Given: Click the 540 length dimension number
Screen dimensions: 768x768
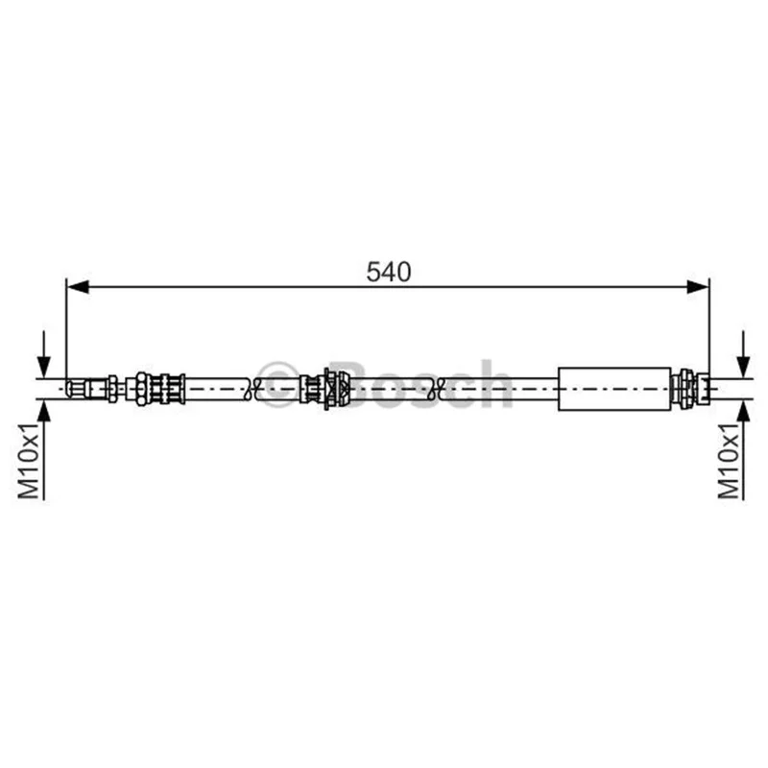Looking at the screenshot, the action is click(389, 272).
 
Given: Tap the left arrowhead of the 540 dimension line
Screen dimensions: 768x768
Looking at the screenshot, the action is click(78, 287).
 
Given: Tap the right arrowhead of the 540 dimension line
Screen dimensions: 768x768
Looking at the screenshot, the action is click(698, 287).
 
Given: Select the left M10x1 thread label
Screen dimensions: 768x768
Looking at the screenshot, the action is click(29, 461).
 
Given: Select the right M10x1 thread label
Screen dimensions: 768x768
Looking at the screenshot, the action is click(729, 461).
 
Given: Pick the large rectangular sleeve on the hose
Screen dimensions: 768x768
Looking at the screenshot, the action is click(614, 389).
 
